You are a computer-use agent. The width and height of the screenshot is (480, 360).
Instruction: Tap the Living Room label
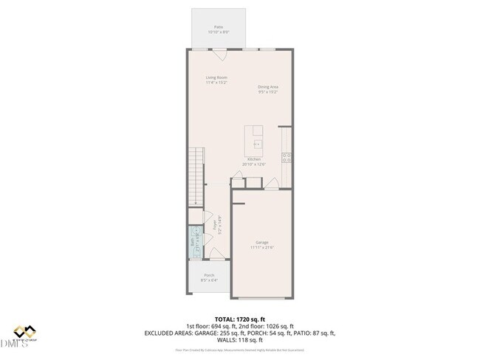[216, 77]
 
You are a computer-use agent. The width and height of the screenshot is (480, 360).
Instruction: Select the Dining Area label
[267, 86]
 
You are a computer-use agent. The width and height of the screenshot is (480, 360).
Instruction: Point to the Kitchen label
[253, 159]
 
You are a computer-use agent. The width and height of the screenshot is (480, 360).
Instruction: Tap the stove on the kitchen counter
[287, 156]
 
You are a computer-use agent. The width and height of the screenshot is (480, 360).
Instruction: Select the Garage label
[262, 242]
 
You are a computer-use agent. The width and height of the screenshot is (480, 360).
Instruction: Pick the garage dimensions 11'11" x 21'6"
[262, 247]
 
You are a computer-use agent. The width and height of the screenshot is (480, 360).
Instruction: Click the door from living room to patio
[219, 54]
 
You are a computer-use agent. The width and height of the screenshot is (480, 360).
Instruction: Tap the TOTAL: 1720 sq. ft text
[239, 319]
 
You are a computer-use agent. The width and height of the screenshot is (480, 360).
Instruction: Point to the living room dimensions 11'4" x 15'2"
[216, 83]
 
